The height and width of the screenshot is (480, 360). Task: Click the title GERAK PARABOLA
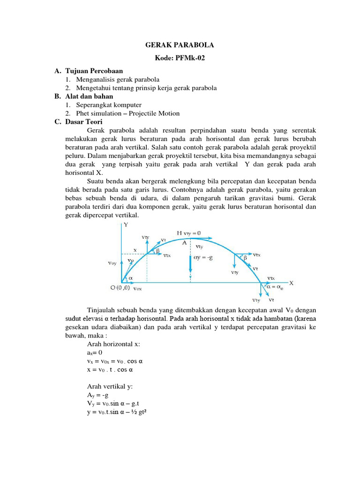180,45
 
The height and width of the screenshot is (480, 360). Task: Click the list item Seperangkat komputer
108,105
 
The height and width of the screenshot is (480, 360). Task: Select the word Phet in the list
83,113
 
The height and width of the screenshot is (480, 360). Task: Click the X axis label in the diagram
291,283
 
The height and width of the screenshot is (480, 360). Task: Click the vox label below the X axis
137,289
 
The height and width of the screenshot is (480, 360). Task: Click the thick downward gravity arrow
191,264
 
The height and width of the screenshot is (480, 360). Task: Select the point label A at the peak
184,242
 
